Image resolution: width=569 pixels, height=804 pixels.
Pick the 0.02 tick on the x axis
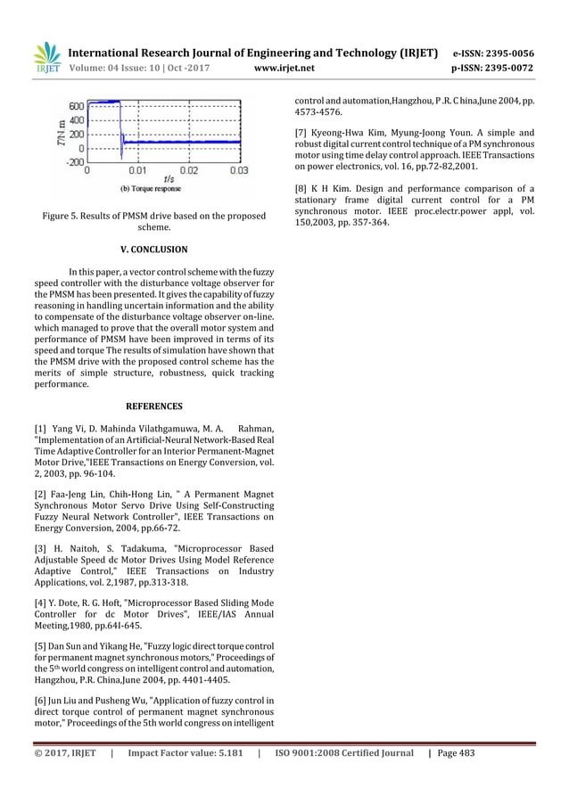coord(189,169)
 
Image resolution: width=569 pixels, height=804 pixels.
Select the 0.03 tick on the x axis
coord(239,169)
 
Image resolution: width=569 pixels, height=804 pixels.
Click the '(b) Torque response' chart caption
coord(150,188)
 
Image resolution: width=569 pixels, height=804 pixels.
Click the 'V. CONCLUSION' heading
coord(156,250)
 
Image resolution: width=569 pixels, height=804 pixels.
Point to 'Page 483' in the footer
coord(454,753)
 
